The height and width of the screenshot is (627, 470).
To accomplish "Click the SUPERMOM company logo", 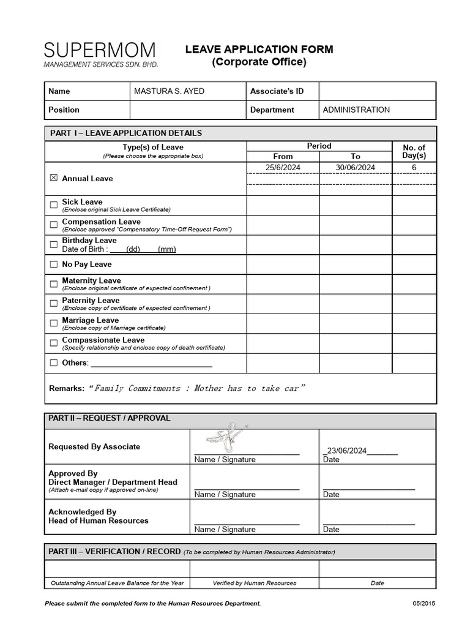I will (x=100, y=54).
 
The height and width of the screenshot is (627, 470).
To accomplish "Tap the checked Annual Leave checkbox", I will (x=53, y=178).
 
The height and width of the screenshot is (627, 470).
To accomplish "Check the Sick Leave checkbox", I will (x=53, y=205).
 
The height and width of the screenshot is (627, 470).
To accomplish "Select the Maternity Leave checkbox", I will (x=53, y=284).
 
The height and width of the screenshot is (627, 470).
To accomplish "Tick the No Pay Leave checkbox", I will (x=53, y=265).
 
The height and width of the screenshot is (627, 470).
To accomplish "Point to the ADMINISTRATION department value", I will (x=356, y=110).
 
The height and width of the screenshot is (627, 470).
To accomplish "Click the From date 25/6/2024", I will (x=283, y=167).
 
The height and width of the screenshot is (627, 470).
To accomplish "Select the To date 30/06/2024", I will (x=356, y=167).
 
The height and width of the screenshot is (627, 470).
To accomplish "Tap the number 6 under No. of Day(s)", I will (x=414, y=167).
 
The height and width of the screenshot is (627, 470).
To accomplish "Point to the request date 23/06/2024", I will (x=346, y=451).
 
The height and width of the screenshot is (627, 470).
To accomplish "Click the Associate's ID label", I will (x=277, y=91).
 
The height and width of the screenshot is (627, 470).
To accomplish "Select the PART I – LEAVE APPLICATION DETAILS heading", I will (x=126, y=133).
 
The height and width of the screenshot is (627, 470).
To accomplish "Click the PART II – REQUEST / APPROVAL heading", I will (x=110, y=418).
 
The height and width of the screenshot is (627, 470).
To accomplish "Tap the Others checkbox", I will (x=53, y=363).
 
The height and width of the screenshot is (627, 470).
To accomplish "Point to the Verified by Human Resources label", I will (x=255, y=583).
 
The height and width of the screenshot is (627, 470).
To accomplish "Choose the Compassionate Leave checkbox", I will (x=53, y=344).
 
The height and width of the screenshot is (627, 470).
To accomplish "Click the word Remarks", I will (x=66, y=388).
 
